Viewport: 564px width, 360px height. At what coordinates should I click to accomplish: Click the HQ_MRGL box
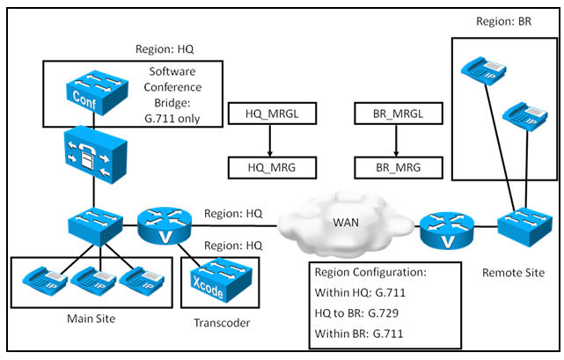click(x=272, y=114)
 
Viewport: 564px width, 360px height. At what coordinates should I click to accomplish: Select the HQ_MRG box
click(x=272, y=167)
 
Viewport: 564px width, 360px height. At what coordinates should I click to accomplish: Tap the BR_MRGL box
click(x=399, y=114)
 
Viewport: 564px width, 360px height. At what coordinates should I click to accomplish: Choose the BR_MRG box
click(x=399, y=167)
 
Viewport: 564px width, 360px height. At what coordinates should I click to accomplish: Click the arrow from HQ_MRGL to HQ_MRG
click(x=270, y=141)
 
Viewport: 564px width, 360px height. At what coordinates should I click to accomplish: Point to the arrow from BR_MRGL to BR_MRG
click(x=396, y=141)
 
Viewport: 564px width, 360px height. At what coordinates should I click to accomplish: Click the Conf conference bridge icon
click(x=97, y=92)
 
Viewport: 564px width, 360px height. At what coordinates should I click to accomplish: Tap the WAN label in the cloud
click(x=346, y=223)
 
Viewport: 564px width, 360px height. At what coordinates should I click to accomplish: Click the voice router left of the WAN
click(x=165, y=225)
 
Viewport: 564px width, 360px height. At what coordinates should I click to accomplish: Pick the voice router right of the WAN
click(x=447, y=231)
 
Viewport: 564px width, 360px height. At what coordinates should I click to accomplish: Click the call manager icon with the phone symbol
click(x=95, y=155)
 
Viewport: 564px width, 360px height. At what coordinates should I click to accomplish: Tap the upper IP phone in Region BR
click(x=483, y=70)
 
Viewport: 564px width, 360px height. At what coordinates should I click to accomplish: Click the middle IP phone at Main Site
click(x=93, y=281)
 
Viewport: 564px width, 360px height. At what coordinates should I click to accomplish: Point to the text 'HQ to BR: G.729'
click(x=356, y=312)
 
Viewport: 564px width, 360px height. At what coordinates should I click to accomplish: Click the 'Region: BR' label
click(x=503, y=21)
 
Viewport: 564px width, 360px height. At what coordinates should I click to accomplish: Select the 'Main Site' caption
click(x=91, y=319)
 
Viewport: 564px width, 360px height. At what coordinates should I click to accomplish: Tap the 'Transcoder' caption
click(x=222, y=322)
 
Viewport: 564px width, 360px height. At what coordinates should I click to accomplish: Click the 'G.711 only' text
click(x=172, y=119)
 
